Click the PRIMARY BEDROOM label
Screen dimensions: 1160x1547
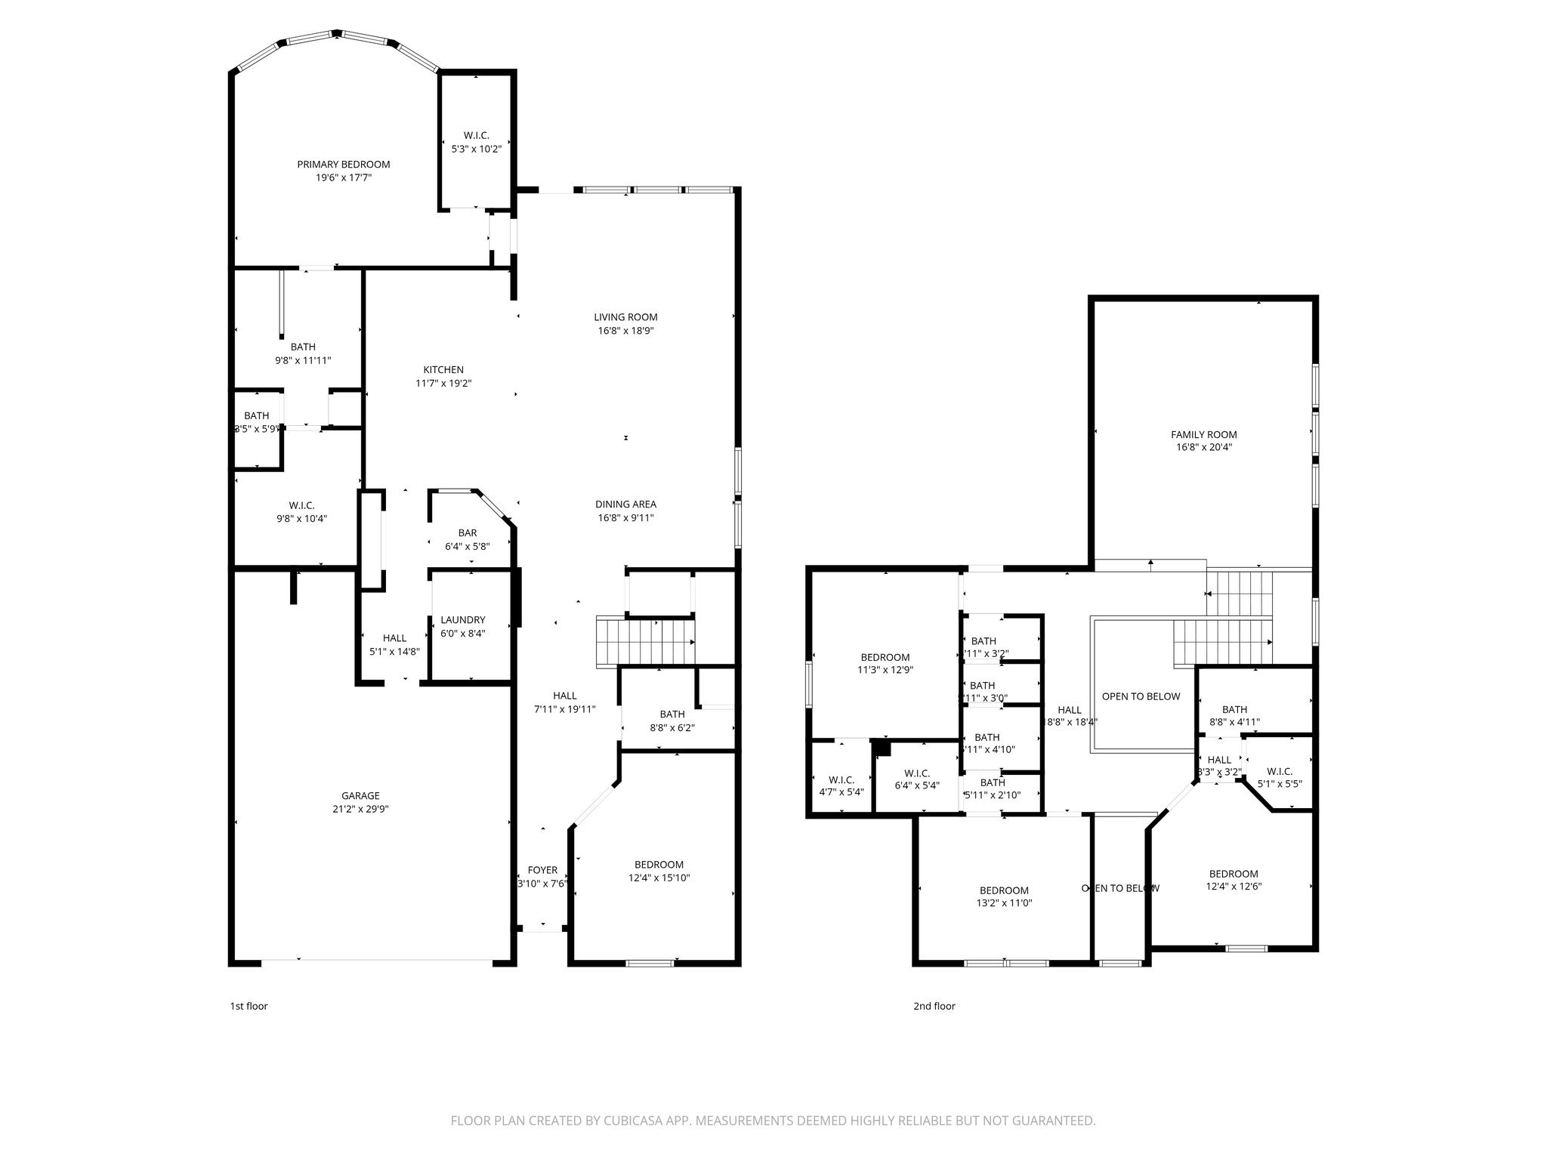click(343, 165)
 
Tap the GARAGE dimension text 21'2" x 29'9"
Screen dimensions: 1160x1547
click(360, 809)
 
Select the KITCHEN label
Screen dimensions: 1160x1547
click(443, 370)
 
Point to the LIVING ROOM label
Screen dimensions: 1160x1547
click(625, 317)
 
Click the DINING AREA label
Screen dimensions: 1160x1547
click(625, 504)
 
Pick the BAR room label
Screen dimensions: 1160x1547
click(468, 533)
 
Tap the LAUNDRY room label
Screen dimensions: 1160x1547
click(463, 620)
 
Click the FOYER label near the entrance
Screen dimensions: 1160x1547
click(542, 870)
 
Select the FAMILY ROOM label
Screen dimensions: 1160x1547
click(1204, 434)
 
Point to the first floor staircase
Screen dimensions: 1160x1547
click(646, 641)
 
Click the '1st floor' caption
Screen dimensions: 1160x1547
click(249, 1006)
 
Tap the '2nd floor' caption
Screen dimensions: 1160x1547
click(934, 1006)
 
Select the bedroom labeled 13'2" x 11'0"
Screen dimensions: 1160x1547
click(1004, 896)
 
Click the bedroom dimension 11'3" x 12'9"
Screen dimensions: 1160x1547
click(885, 669)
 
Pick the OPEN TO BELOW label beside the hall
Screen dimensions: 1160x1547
click(1141, 696)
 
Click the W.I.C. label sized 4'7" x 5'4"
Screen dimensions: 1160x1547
click(841, 785)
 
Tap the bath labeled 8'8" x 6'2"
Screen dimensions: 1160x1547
click(672, 720)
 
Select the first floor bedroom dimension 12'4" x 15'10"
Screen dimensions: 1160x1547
click(659, 878)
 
